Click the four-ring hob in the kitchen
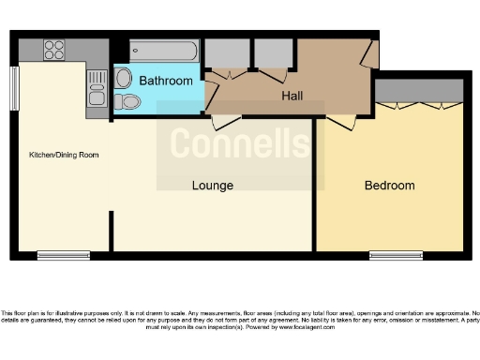[54, 49]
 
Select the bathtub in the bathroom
[164, 51]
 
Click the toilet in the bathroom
[129, 101]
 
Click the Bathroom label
[166, 82]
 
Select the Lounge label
[213, 186]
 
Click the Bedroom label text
[389, 186]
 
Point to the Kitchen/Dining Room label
[64, 155]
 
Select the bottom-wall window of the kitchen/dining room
[64, 254]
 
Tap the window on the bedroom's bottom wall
[395, 254]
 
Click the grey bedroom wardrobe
[418, 90]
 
